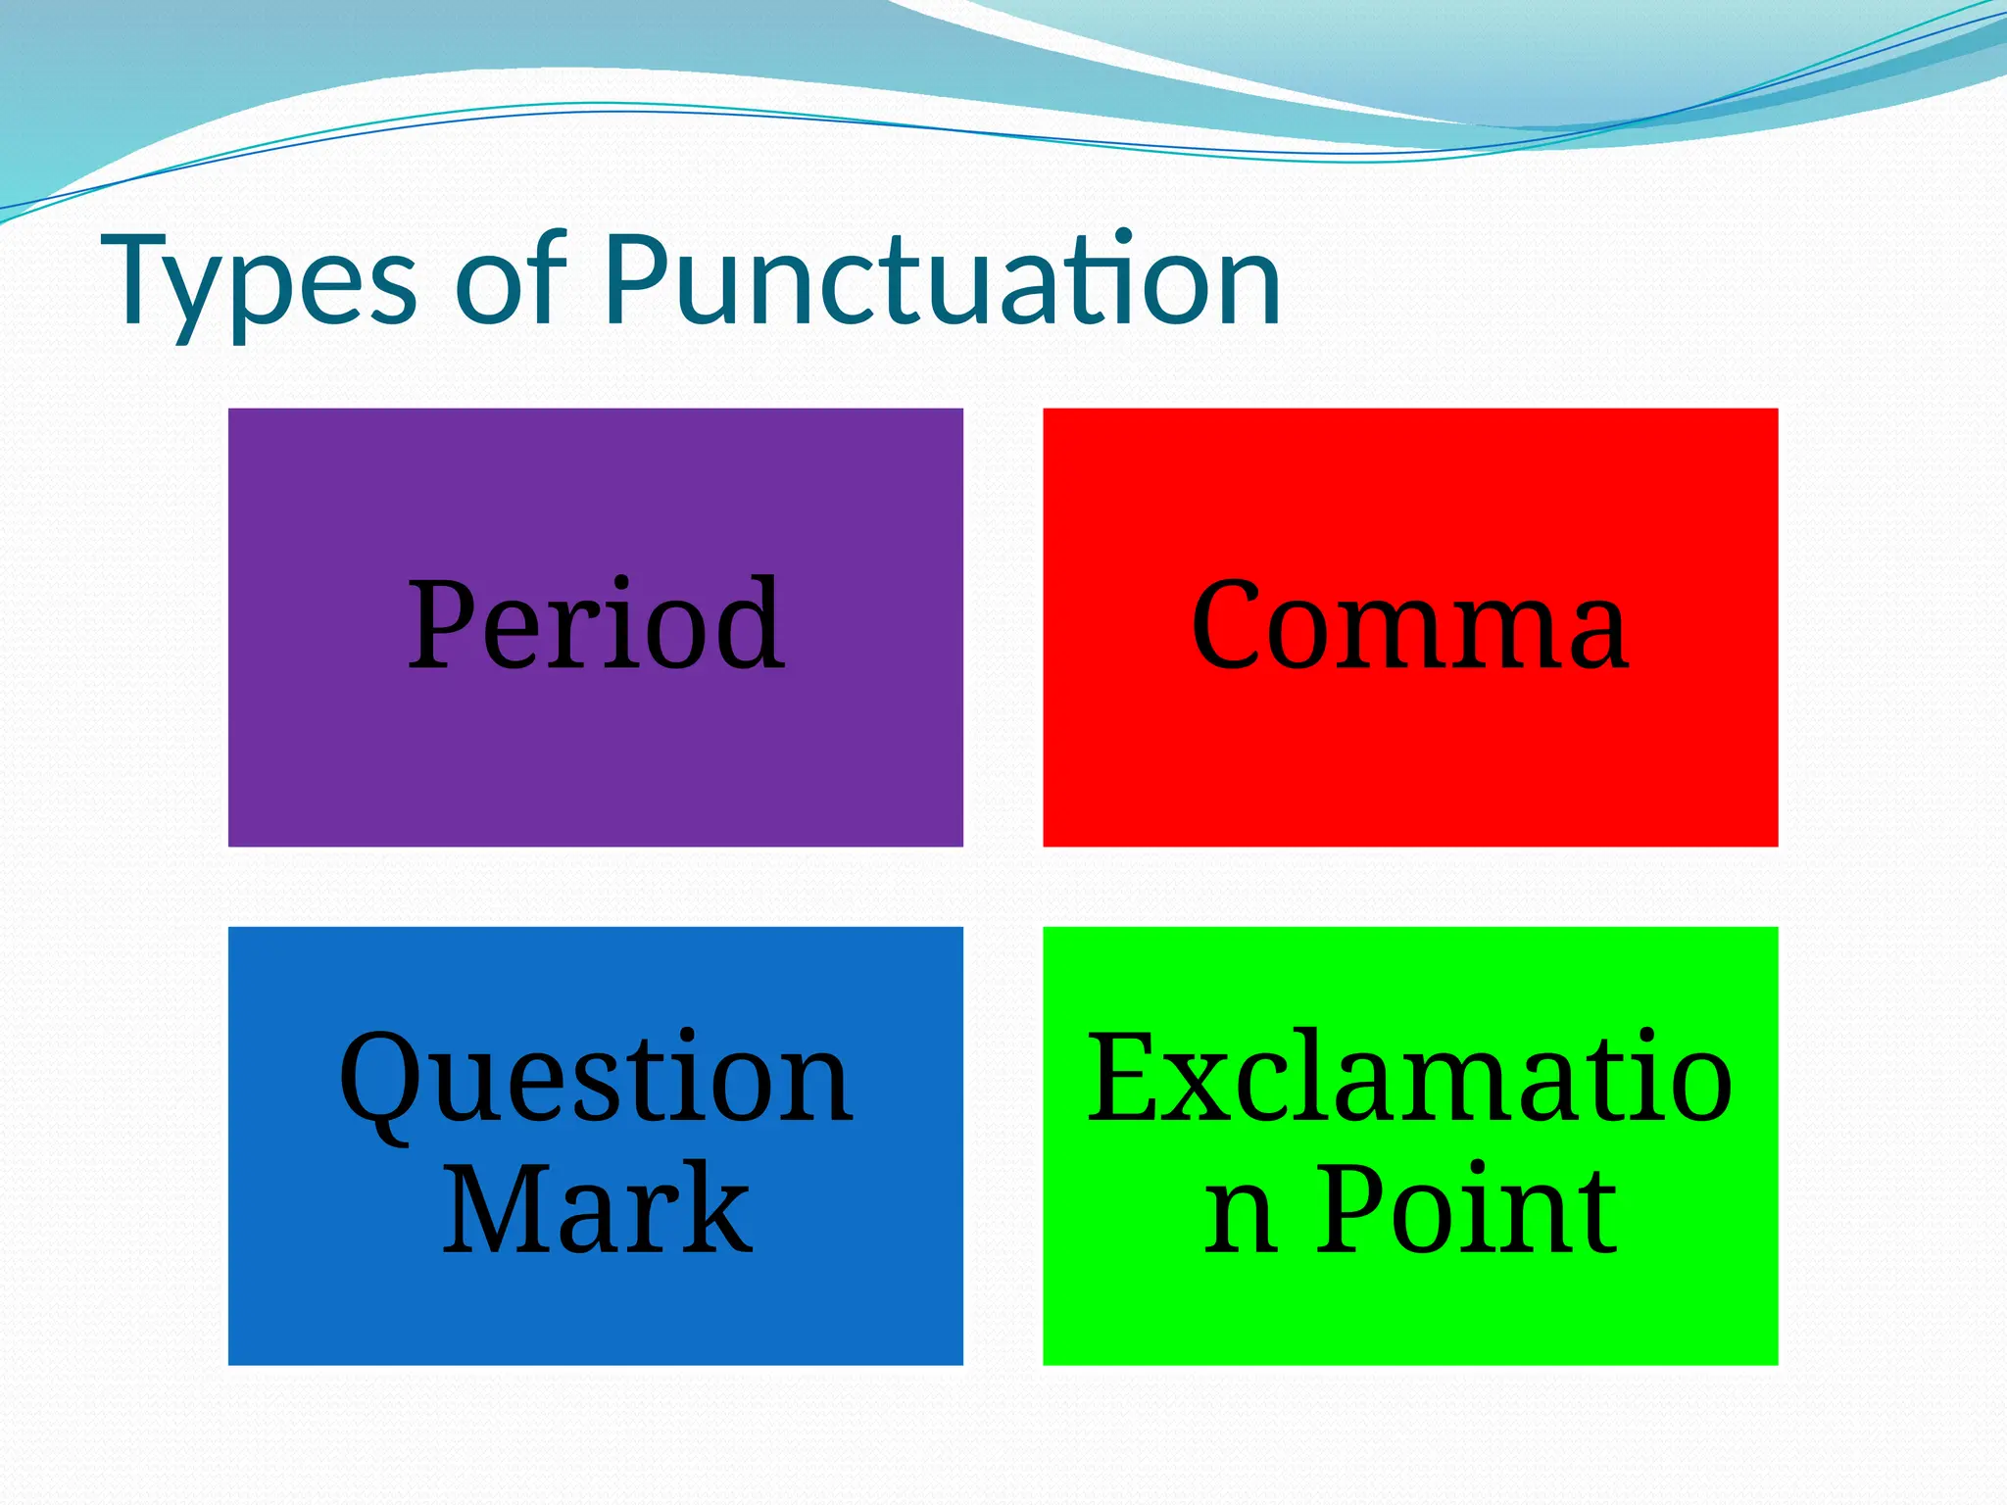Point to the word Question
(x=596, y=1080)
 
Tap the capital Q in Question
(x=377, y=1080)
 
